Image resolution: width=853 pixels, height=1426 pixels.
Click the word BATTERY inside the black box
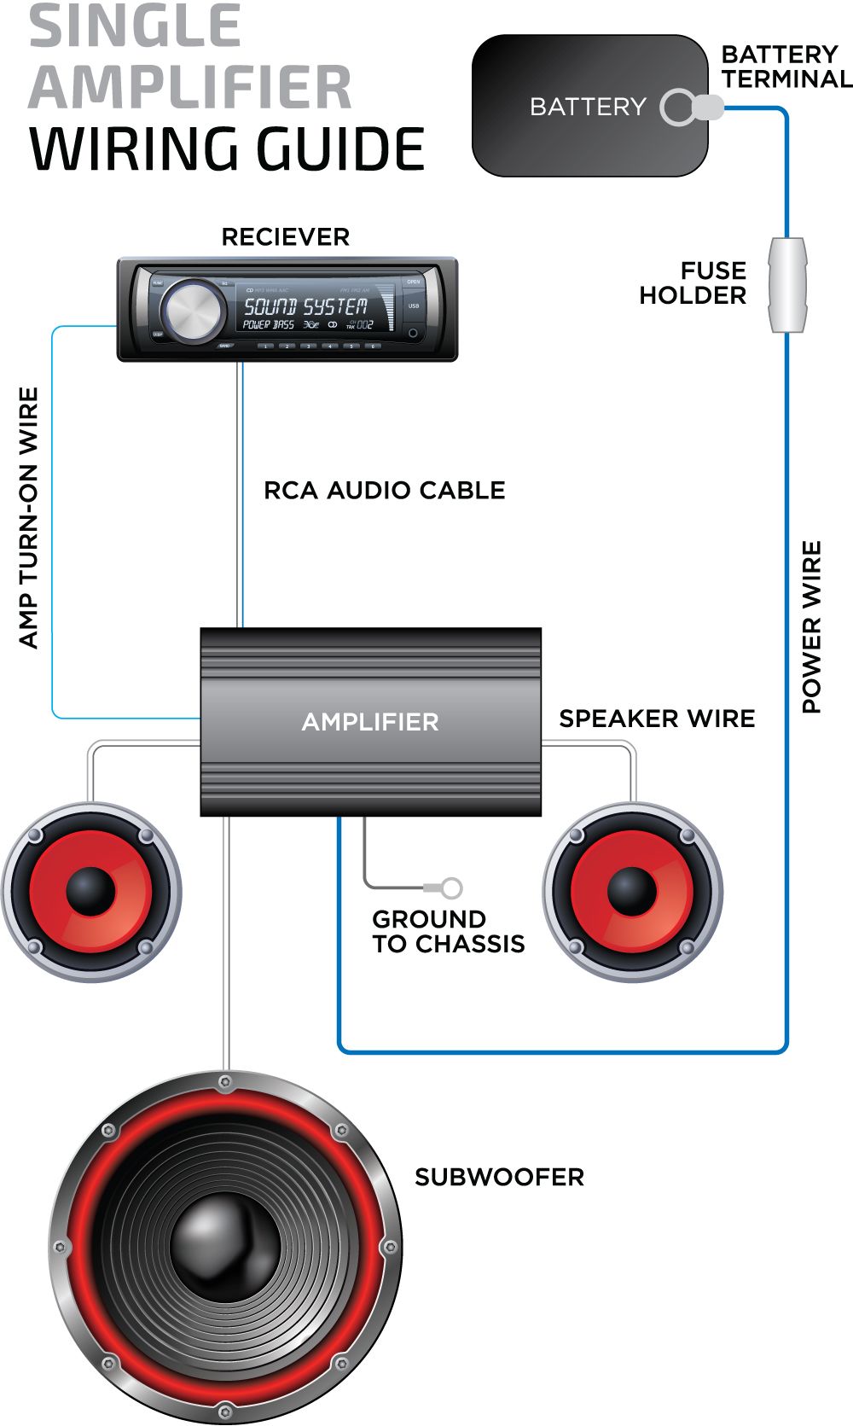point(588,107)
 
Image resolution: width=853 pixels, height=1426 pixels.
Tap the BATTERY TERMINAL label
point(786,67)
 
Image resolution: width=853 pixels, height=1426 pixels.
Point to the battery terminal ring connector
point(679,108)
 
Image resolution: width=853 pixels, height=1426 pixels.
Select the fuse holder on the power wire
point(786,285)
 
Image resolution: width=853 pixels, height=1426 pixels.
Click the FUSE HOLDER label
point(693,283)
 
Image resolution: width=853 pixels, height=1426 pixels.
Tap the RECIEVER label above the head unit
point(286,236)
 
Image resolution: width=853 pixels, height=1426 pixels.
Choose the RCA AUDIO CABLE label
point(384,491)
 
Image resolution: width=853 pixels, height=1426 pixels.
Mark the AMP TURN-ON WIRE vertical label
point(29,518)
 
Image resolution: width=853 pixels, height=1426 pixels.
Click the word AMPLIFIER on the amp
point(370,722)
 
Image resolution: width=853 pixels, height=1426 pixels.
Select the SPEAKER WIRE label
point(657,719)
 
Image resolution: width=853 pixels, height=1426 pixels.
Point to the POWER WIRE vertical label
point(811,626)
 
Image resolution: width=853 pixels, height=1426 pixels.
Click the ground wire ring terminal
point(452,888)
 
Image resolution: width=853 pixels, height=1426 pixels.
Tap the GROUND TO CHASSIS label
point(448,932)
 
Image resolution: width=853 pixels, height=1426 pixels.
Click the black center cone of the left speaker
point(90,891)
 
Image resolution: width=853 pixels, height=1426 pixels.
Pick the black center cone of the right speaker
point(632,891)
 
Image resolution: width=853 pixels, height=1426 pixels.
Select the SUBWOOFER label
point(499,1178)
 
